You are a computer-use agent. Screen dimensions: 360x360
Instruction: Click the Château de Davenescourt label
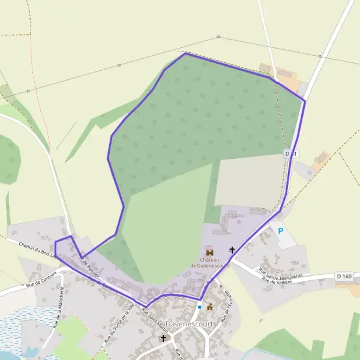point(210,262)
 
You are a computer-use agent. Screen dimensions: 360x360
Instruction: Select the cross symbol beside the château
point(232,250)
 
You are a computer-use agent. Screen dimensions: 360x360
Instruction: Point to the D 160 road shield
point(344,276)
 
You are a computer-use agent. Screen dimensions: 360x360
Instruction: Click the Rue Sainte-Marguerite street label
point(281,274)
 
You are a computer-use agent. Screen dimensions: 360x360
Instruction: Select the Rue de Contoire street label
point(41,278)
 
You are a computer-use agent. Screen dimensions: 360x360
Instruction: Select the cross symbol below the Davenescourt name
point(163,338)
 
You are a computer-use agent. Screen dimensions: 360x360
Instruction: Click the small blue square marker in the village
point(199,307)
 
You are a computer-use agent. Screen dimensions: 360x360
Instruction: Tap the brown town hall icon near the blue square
point(210,307)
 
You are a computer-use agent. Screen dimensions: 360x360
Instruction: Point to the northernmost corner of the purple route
point(185,53)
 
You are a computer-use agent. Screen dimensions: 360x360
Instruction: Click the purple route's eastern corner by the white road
point(305,101)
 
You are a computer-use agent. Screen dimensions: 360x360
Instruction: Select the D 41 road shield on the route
point(292,154)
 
